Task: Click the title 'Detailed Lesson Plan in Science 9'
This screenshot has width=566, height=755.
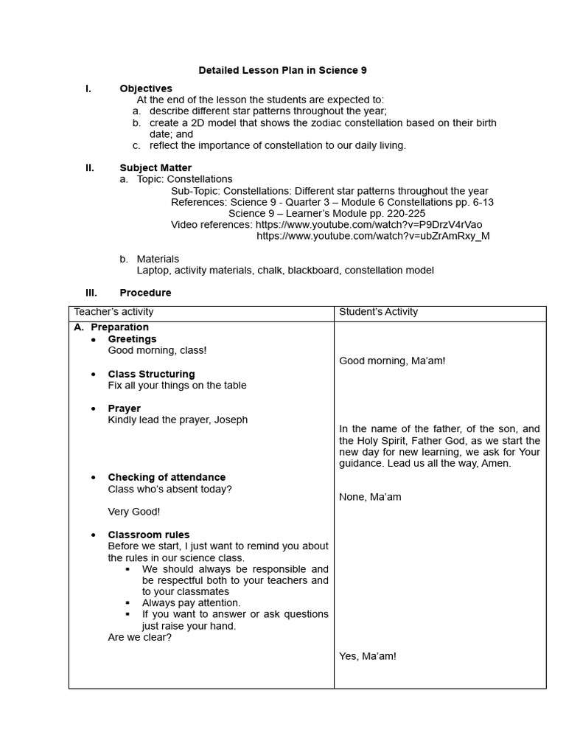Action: point(282,71)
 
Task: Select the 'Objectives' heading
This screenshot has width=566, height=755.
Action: point(146,88)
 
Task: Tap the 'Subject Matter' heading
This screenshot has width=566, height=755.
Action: point(156,168)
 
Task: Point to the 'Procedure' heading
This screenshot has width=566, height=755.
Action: point(145,293)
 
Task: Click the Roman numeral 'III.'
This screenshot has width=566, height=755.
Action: point(91,293)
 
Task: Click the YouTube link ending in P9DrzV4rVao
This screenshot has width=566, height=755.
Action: point(368,224)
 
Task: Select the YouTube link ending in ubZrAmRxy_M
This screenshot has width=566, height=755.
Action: point(373,236)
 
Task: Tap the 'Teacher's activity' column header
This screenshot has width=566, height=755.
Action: point(113,312)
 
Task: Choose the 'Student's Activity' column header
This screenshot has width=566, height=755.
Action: point(378,312)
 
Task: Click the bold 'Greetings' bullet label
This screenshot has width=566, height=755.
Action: point(132,339)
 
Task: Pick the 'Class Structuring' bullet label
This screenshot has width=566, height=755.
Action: point(151,374)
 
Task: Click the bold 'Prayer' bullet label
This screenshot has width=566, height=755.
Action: point(124,408)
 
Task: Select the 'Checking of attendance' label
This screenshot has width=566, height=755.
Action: point(167,477)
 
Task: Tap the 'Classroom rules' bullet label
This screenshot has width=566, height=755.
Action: point(148,535)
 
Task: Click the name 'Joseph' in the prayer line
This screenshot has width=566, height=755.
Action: point(231,420)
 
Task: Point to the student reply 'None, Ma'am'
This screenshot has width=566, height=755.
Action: point(370,497)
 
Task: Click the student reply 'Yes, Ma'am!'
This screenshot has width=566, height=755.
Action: point(367,656)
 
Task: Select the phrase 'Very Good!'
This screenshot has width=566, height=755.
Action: point(133,512)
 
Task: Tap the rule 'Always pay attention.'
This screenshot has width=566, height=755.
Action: point(191,603)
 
